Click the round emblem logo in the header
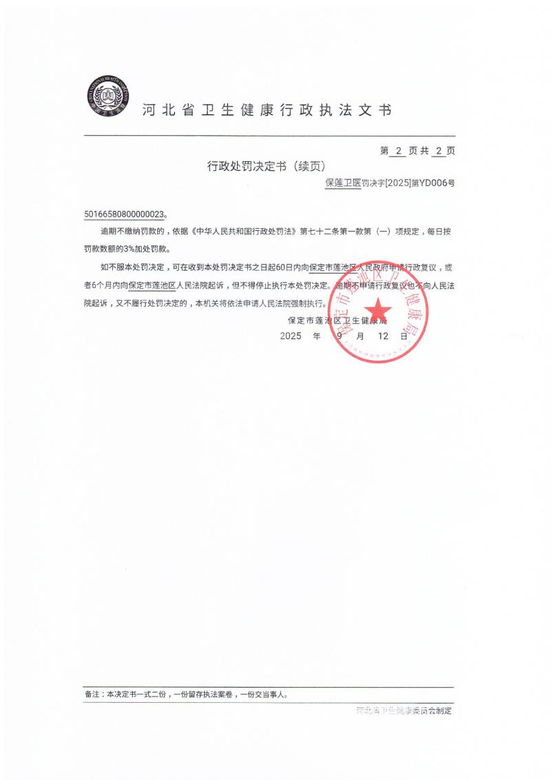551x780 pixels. point(107,97)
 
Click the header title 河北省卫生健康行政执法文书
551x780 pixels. point(267,110)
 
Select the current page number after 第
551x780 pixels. point(398,150)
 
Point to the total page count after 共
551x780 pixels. point(437,150)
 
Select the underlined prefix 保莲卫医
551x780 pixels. point(342,183)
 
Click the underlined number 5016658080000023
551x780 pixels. point(124,214)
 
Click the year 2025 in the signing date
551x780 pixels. point(292,336)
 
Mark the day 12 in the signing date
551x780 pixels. point(383,336)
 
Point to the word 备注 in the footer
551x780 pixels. point(92,695)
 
